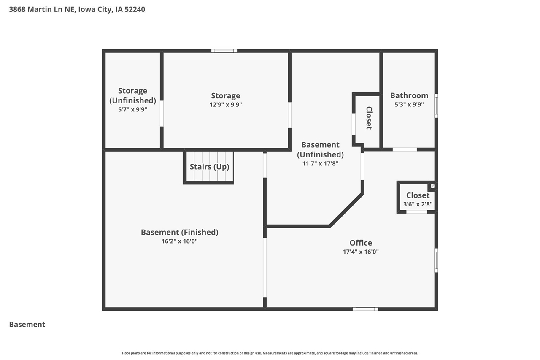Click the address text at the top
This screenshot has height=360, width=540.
(x=77, y=9)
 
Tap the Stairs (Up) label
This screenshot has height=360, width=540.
(x=209, y=167)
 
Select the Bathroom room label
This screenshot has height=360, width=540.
(x=409, y=95)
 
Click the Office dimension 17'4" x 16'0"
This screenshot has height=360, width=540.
(x=361, y=252)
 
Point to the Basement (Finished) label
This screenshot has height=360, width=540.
(x=179, y=232)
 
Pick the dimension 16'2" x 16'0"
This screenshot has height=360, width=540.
(x=179, y=241)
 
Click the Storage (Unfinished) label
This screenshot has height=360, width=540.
(x=132, y=95)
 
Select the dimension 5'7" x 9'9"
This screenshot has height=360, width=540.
(x=132, y=109)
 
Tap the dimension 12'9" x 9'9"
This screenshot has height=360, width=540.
(x=226, y=105)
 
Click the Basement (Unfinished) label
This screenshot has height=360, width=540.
(x=320, y=150)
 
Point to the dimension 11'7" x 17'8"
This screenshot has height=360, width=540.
(x=320, y=163)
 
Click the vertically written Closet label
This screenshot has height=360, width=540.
(x=368, y=118)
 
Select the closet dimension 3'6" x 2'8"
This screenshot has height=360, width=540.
(x=418, y=204)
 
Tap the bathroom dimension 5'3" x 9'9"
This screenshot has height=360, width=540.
(x=409, y=105)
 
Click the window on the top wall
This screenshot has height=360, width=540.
(x=224, y=51)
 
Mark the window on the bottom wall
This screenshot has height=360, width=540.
(x=365, y=309)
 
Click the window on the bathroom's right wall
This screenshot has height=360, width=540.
(x=436, y=106)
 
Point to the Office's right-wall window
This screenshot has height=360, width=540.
(x=436, y=260)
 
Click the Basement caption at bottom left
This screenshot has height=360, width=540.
(x=27, y=325)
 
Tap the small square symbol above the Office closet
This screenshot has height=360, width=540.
(x=432, y=186)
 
